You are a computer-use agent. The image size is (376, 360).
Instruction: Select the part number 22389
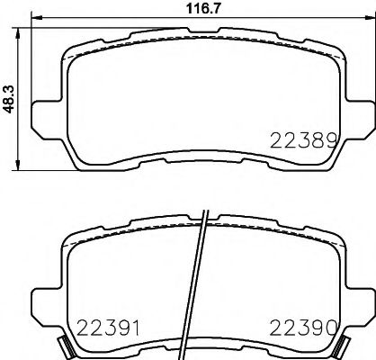[x=303, y=139]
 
